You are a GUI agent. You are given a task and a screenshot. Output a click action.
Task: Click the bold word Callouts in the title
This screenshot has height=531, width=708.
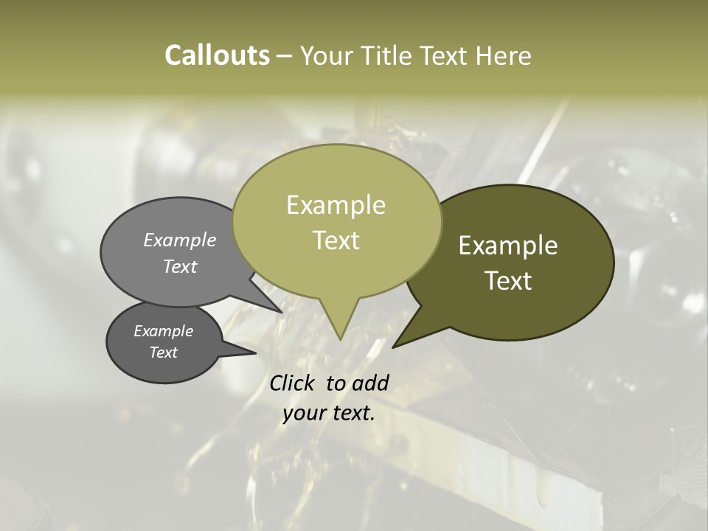[217, 55]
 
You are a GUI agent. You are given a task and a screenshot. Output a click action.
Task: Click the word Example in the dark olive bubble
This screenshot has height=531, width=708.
[508, 246]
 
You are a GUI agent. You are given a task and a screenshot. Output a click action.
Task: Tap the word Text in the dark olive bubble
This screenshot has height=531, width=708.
[508, 281]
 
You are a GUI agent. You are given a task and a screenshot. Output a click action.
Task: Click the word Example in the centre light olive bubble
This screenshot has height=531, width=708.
[336, 205]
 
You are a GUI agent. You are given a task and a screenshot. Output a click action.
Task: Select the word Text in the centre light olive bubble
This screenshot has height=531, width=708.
[336, 240]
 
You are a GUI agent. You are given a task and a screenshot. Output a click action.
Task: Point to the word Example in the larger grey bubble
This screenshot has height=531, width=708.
[180, 240]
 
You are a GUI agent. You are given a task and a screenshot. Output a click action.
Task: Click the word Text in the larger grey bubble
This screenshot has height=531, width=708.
[180, 266]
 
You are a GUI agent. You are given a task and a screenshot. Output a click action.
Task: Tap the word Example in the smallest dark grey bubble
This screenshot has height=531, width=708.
[163, 331]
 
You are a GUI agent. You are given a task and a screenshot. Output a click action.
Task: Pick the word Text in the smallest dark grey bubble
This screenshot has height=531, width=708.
[163, 353]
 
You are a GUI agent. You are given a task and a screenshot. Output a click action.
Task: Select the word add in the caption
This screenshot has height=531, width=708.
[370, 383]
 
